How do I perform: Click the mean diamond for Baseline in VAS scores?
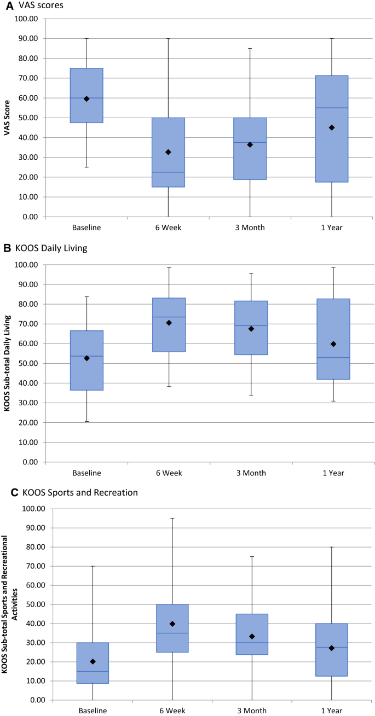coord(86,99)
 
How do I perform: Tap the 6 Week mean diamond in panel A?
coord(168,152)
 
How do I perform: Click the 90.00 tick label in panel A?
coord(27,39)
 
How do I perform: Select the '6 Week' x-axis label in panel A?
coord(168,227)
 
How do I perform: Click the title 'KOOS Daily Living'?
coord(49,248)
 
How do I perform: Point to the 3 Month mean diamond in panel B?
coord(251,329)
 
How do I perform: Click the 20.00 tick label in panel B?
coord(27,423)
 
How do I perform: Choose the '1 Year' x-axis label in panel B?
coord(332,473)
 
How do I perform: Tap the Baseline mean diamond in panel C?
coord(93,661)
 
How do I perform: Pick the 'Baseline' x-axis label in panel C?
coord(93,710)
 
